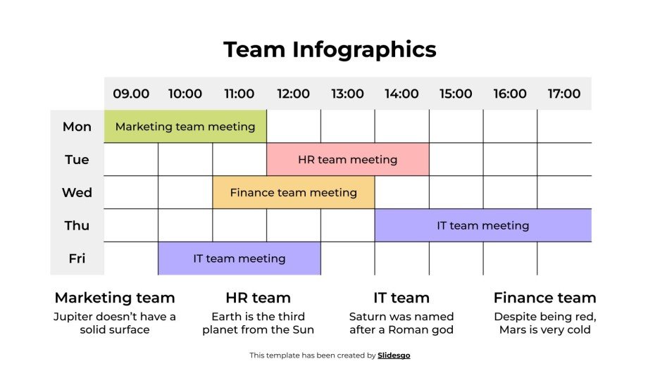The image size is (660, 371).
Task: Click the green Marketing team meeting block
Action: [185, 127]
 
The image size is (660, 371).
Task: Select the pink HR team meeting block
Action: [347, 160]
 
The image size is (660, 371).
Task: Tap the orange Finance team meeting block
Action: [293, 192]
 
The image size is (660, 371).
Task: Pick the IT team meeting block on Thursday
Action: [482, 225]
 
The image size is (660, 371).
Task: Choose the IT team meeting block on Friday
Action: [239, 258]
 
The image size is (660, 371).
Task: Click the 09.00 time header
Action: [131, 94]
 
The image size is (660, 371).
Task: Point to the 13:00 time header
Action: [347, 94]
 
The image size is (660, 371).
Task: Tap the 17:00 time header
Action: [564, 94]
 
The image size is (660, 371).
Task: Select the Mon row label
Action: [77, 127]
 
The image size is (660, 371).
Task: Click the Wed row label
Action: [77, 192]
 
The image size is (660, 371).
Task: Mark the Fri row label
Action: [77, 258]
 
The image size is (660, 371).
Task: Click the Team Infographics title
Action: [330, 49]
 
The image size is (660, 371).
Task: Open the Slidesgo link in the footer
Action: [394, 356]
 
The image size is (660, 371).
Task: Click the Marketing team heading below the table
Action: [115, 298]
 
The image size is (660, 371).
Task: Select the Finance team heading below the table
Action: [544, 298]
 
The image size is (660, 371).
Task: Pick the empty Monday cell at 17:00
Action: [564, 127]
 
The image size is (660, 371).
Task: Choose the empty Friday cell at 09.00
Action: [131, 258]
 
